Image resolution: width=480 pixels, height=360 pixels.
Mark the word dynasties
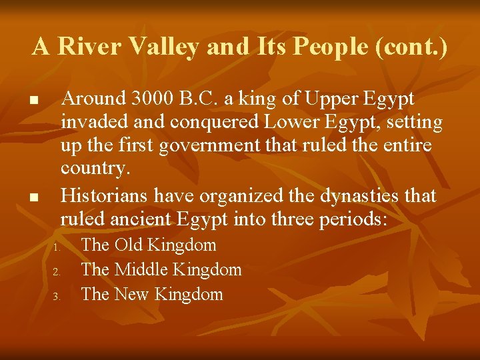(x=363, y=196)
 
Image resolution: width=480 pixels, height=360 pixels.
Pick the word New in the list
(x=131, y=294)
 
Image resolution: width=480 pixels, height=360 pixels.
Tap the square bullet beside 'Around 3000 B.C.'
(x=31, y=101)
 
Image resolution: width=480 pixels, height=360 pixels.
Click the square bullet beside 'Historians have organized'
(x=31, y=198)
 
